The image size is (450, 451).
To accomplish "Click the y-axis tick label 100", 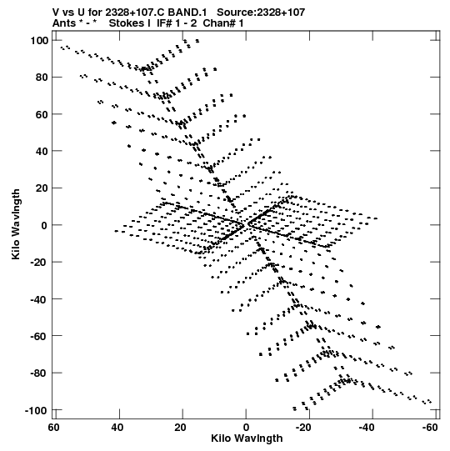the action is [39, 41].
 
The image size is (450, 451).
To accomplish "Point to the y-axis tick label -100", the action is [36, 410].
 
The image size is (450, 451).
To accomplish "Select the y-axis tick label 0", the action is [44, 225].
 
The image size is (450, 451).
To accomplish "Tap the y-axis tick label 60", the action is [42, 114].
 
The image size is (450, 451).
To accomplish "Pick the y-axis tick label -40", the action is [39, 299].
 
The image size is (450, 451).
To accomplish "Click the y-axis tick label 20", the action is [42, 188].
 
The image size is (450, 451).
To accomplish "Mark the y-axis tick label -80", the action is [39, 373].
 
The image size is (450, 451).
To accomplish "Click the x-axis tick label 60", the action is [54, 428].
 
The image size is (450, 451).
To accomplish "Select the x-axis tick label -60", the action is [430, 428].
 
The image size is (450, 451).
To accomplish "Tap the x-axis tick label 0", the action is [246, 428].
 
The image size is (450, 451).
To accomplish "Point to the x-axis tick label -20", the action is [303, 428].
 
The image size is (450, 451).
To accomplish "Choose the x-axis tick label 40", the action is [117, 428].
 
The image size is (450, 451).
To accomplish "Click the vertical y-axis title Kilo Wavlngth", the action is [16, 224].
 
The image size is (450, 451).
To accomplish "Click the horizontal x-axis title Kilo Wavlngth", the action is [247, 438].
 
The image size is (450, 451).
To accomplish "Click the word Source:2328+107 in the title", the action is [261, 13].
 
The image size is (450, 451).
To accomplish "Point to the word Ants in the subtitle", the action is [63, 23].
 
